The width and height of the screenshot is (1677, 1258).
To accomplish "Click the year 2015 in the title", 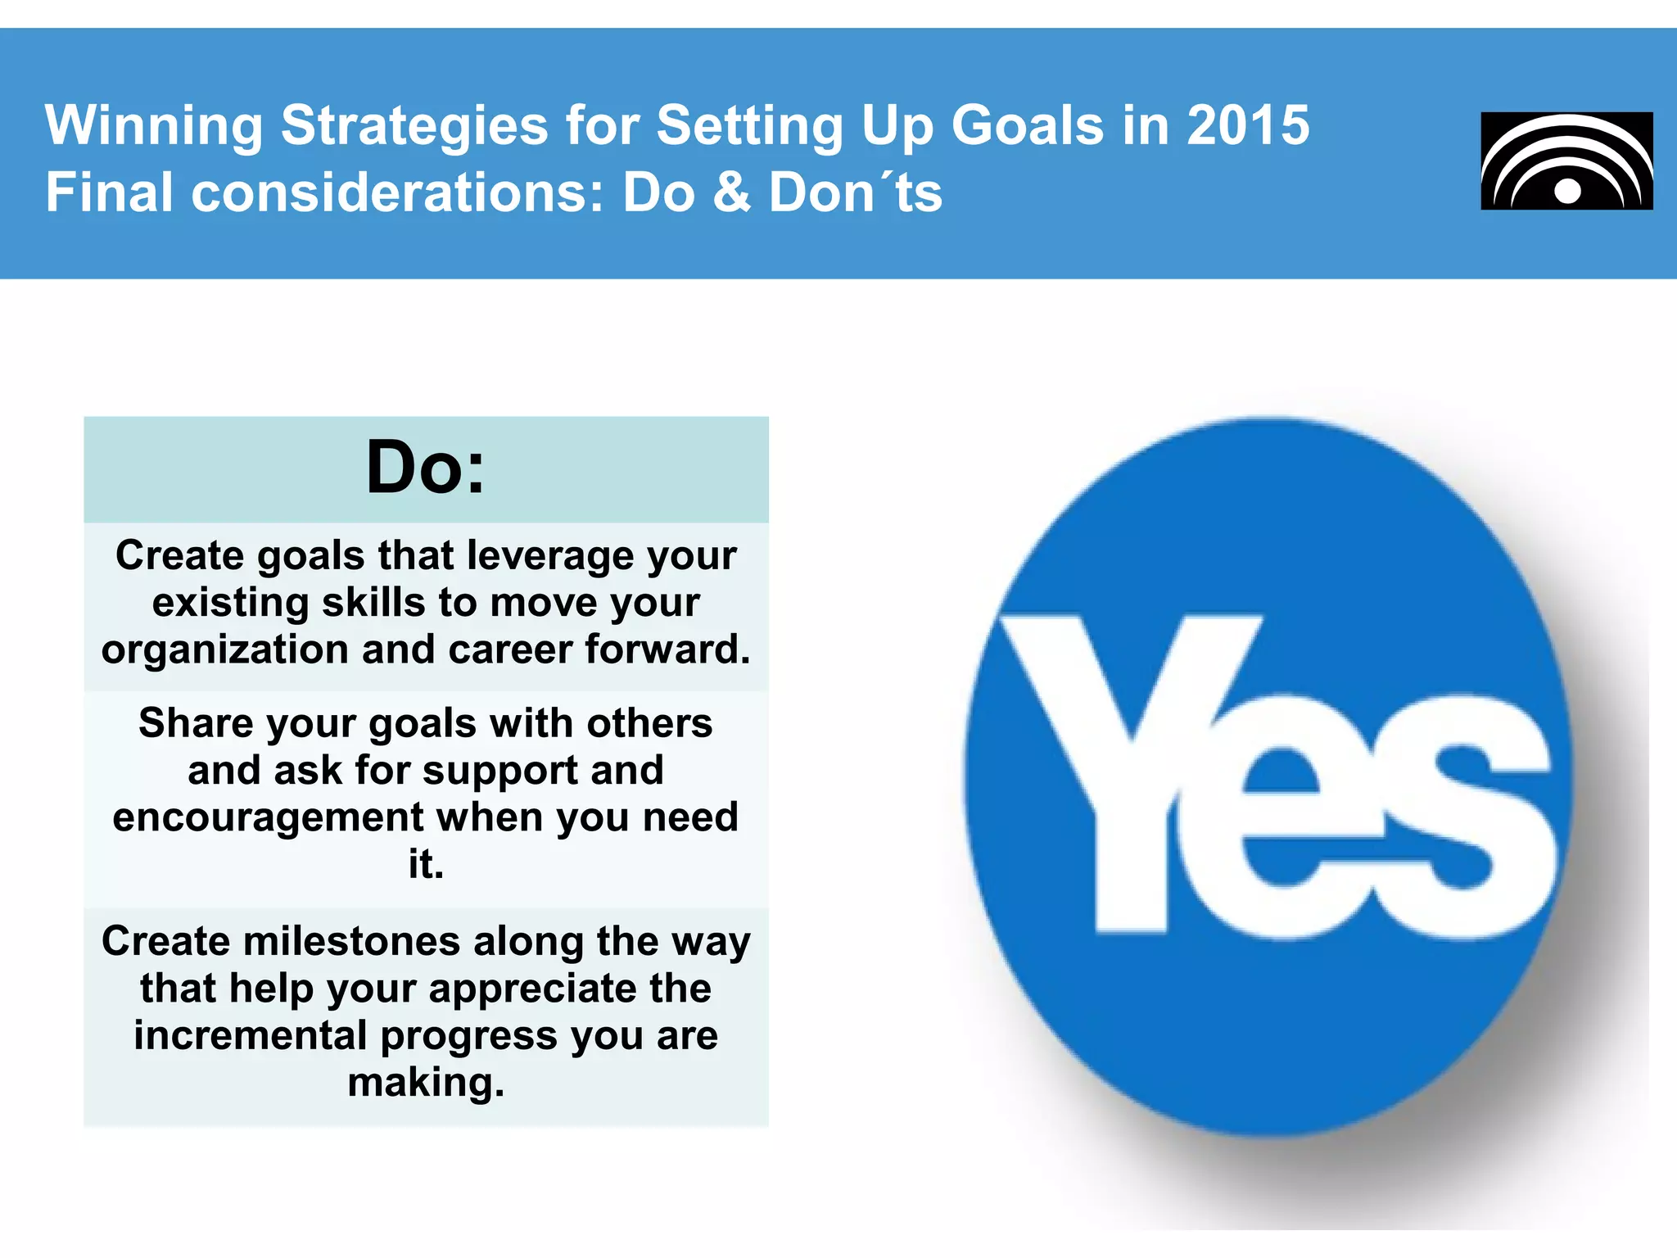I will point(1247,125).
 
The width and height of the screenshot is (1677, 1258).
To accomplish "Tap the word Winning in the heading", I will point(154,125).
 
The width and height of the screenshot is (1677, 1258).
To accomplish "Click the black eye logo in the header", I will point(1566,161).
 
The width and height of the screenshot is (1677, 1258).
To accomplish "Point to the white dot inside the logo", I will point(1567,192).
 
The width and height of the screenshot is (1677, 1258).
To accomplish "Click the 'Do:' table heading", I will point(425,468).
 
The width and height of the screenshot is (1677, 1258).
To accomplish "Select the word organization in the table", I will point(225,649).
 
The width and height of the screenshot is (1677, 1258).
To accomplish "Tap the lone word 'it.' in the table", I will point(425,864).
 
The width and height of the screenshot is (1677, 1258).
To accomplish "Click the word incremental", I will point(250,1035).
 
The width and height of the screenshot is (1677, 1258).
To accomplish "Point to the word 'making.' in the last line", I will point(425,1083).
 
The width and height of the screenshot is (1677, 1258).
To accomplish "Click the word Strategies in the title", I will point(414,125).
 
